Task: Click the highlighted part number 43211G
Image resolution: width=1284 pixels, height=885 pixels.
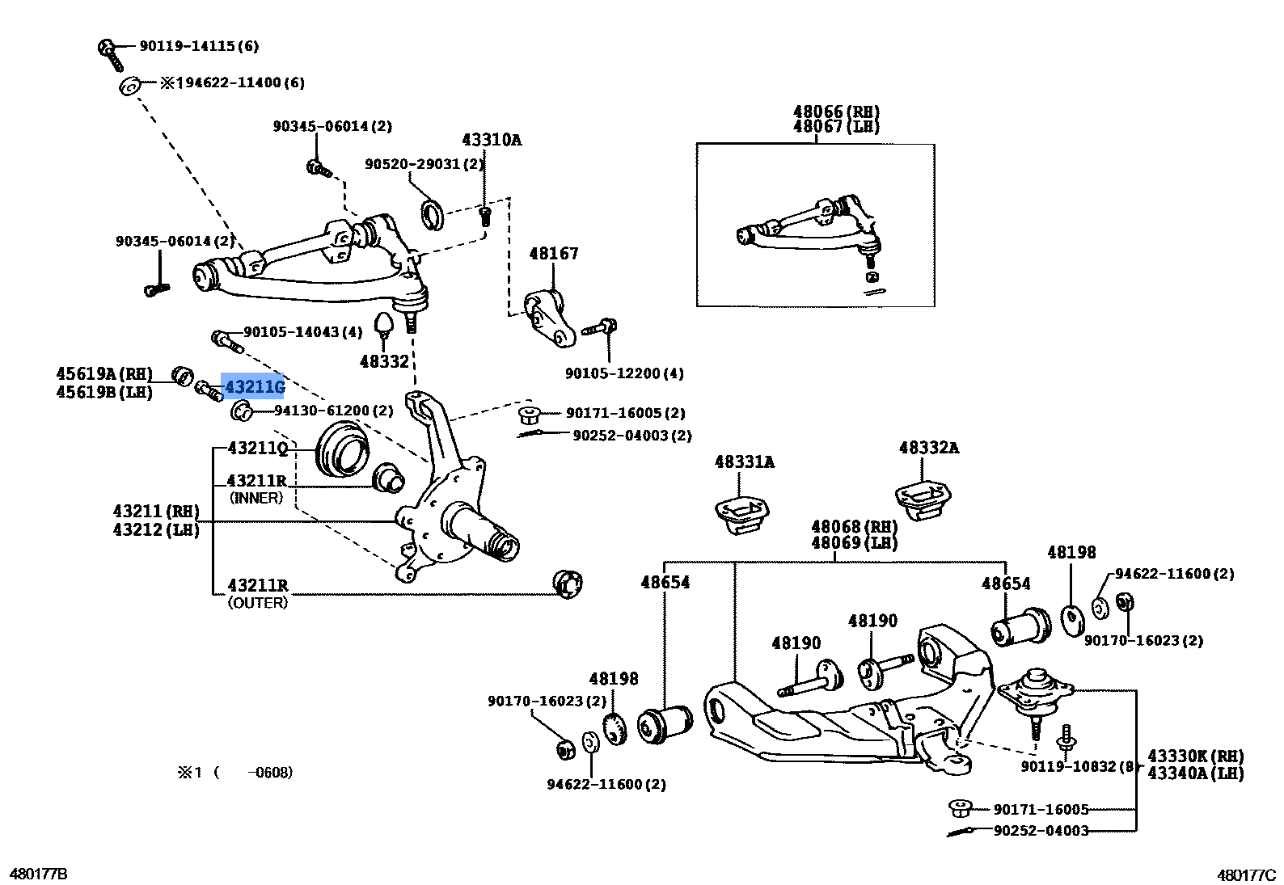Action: (254, 388)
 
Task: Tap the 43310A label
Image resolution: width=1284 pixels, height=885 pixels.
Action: (492, 140)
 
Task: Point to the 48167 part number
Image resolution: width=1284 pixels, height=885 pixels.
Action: (554, 254)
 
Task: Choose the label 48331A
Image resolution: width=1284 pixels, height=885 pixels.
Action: (744, 461)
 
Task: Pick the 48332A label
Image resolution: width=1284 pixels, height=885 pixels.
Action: (928, 448)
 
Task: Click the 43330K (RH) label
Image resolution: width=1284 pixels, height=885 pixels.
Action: (1195, 756)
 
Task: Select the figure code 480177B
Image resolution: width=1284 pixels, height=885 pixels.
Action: (38, 874)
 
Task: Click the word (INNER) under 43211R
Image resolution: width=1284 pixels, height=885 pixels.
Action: (256, 498)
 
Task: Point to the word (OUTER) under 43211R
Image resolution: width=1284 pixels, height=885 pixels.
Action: (258, 602)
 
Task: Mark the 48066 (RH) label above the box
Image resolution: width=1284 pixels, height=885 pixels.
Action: (836, 112)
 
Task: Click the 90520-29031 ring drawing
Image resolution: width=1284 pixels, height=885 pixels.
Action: (434, 213)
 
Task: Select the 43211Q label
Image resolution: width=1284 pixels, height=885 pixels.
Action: (258, 448)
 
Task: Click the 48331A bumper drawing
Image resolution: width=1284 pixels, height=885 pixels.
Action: (741, 516)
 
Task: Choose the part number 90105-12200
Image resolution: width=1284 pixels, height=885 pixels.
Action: (624, 373)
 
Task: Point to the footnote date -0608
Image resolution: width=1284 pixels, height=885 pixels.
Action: (269, 773)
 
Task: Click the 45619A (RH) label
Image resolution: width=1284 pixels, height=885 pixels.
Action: (104, 373)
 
